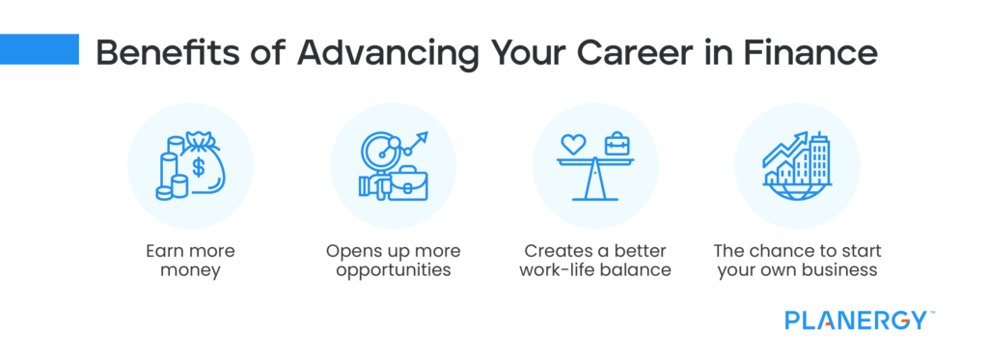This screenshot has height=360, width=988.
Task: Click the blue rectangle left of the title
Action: point(39,49)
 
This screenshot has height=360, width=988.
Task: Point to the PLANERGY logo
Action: point(856,319)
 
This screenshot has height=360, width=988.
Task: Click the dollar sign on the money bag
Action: point(199,167)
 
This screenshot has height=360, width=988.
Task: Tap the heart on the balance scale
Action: point(574,145)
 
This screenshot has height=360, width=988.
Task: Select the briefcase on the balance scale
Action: point(617,146)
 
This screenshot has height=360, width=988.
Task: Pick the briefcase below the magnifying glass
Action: point(405,182)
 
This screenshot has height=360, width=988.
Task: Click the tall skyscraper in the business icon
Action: point(820,159)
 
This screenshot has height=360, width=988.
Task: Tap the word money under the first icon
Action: point(189,270)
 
